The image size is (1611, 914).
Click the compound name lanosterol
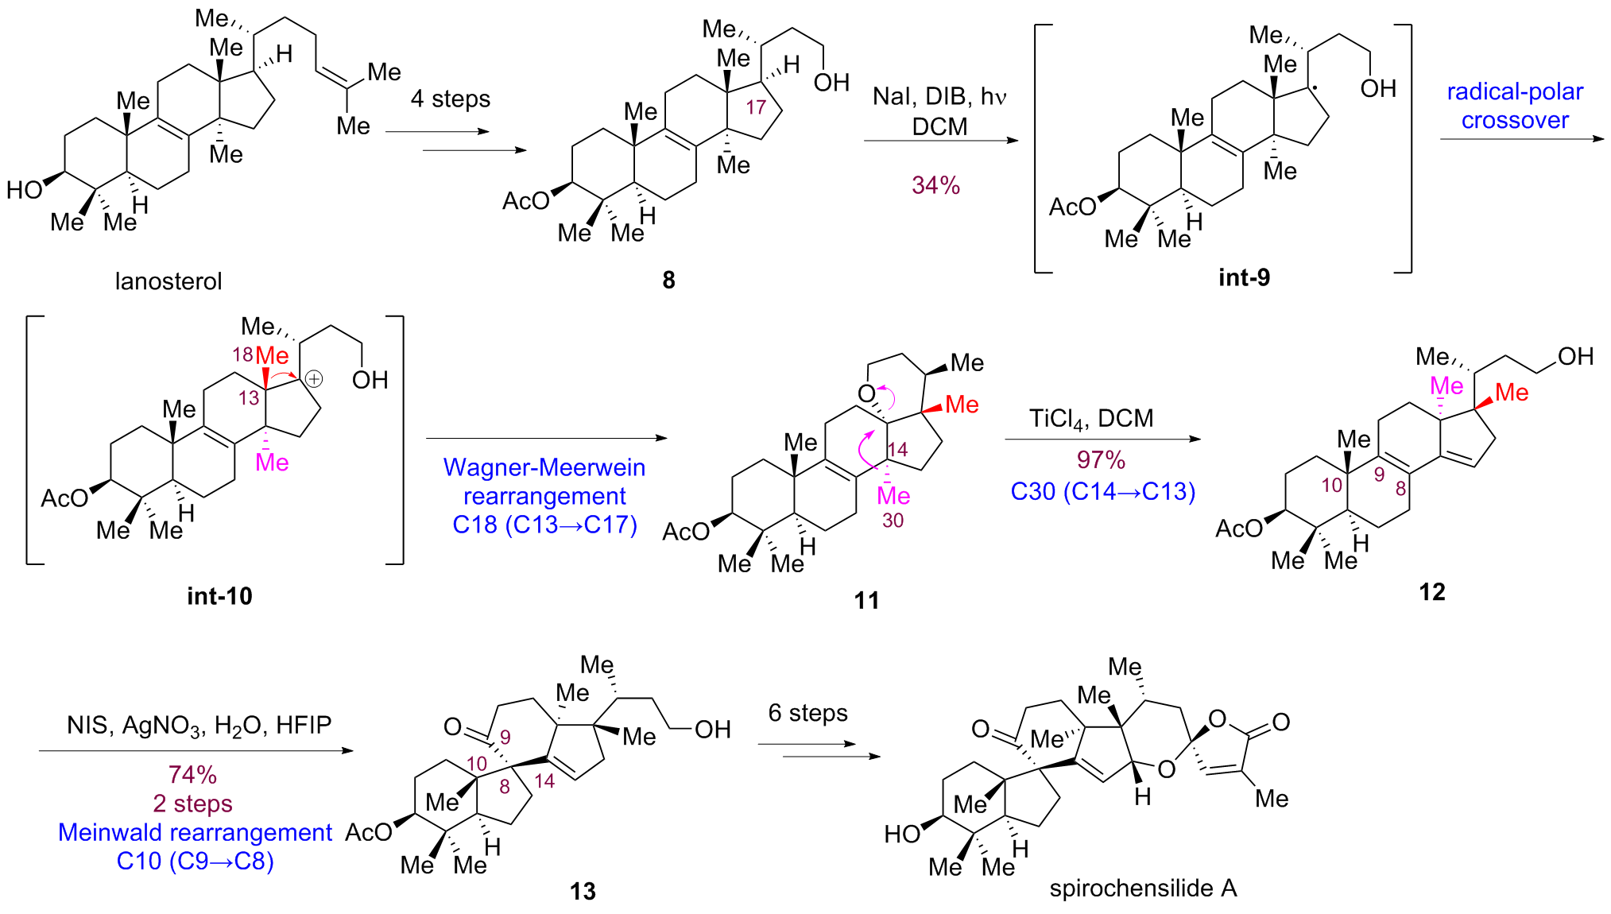point(168,281)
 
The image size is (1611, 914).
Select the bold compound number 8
point(668,280)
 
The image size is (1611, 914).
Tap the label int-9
point(1244,277)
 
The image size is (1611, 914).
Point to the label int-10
point(219,596)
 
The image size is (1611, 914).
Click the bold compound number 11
point(866,600)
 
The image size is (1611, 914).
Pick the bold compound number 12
point(1432,592)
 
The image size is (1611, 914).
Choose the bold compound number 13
point(583,892)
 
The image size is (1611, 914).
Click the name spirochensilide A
point(1143,888)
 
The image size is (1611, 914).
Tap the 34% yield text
point(935,185)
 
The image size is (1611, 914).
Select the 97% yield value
point(1101,459)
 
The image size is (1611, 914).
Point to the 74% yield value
point(192,774)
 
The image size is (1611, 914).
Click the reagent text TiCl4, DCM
point(1091,419)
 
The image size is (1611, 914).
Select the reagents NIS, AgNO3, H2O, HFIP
point(199,725)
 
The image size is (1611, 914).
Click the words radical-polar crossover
point(1515,106)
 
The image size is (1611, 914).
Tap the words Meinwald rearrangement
point(195,832)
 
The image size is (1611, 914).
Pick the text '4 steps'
point(450,99)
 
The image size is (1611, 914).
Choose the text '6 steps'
point(807,713)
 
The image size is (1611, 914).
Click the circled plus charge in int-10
point(315,379)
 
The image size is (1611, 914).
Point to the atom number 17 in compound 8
point(755,107)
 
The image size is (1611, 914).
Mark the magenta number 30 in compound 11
point(893,521)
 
